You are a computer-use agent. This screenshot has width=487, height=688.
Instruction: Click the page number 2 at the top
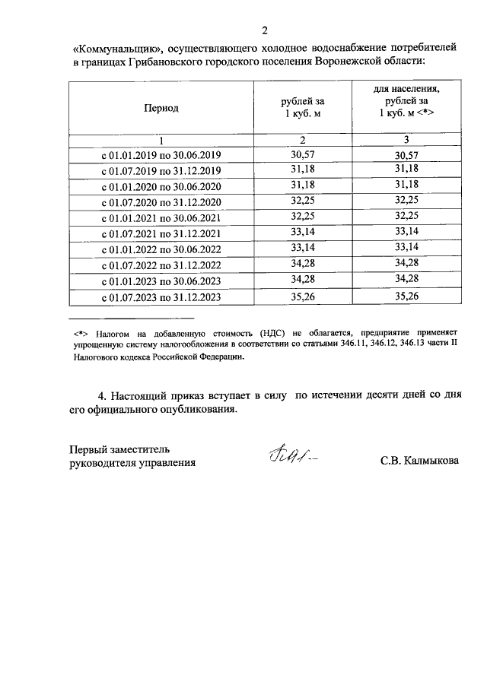[265, 30]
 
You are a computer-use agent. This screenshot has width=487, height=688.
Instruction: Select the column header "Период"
[161, 108]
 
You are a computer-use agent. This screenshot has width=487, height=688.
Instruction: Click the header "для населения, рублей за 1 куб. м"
[406, 100]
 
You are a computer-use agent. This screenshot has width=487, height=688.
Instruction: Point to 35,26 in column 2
[303, 297]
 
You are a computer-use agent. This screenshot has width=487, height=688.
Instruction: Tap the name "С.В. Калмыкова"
[420, 461]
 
